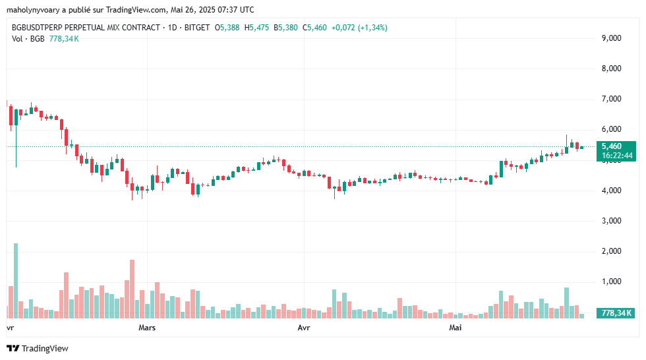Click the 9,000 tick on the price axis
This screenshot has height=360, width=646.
[x=612, y=38]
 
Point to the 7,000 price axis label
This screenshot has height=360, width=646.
[x=612, y=99]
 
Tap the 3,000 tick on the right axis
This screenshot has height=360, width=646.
[x=612, y=221]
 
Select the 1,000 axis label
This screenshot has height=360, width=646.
[x=612, y=282]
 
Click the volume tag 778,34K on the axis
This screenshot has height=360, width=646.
[x=616, y=313]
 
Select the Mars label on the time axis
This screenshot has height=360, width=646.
[x=148, y=327]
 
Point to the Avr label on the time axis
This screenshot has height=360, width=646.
[x=304, y=327]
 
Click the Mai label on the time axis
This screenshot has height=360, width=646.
[x=455, y=327]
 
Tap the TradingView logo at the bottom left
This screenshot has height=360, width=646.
[x=38, y=348]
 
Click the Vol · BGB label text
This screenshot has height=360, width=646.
[x=28, y=39]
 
